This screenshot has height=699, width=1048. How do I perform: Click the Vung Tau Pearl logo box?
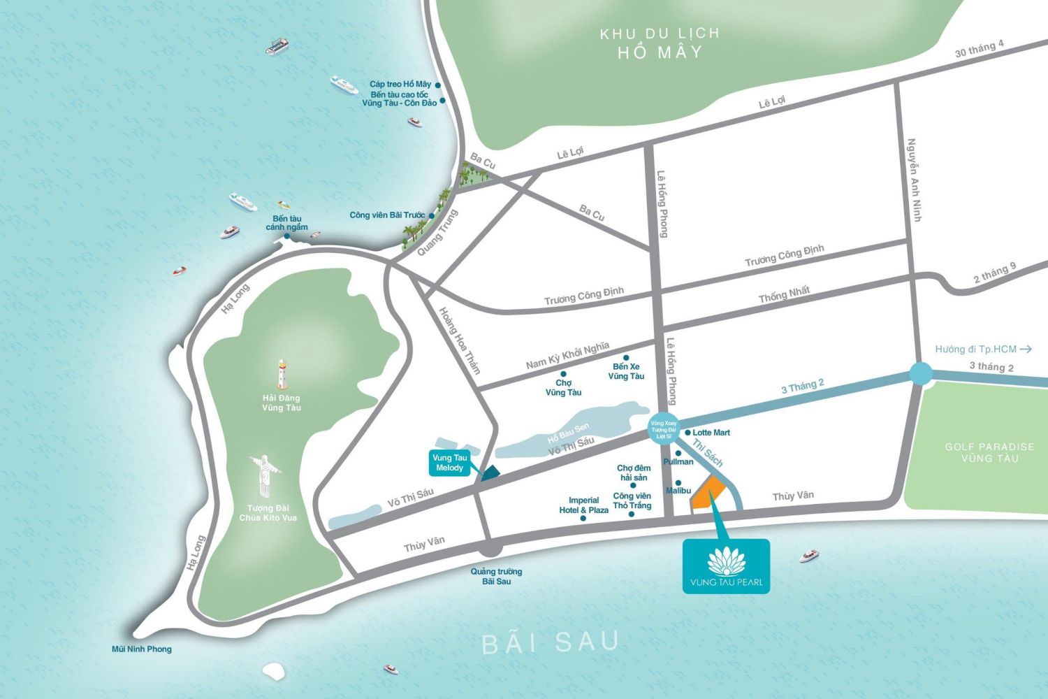tap(726, 566)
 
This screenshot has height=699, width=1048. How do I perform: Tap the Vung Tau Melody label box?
tap(449, 463)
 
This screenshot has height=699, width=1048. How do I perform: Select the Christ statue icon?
tap(265, 475)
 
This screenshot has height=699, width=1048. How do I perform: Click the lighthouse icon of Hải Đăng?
tap(282, 374)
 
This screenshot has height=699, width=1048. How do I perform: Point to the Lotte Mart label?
tap(711, 433)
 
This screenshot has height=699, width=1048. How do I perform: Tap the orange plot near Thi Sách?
tap(707, 494)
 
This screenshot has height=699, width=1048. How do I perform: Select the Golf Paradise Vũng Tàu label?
tap(989, 452)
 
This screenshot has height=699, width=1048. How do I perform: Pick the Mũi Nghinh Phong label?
tap(142, 649)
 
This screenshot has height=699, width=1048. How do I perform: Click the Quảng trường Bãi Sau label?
tap(496, 576)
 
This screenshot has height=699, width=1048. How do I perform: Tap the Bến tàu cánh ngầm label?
tap(286, 223)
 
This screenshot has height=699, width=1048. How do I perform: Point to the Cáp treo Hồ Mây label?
tap(400, 85)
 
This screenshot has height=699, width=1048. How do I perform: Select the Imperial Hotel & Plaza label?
tap(583, 505)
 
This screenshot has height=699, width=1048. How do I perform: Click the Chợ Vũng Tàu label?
tap(563, 387)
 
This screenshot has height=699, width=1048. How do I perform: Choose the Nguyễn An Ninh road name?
tap(914, 180)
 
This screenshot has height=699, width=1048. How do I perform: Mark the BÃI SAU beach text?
tap(551, 642)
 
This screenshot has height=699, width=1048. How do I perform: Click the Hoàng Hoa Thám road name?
tap(460, 340)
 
